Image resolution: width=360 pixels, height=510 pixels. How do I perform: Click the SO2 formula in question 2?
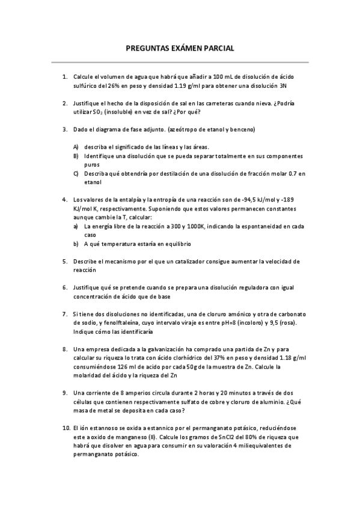[x=97, y=112]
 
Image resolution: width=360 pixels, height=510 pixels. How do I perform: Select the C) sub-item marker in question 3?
[x=76, y=173]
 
